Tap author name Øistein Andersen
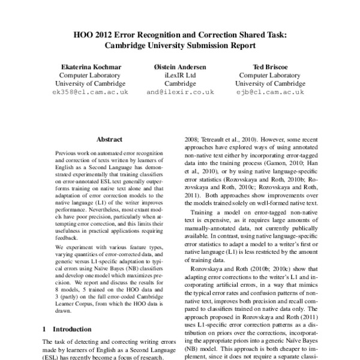point(180,67)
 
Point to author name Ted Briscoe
point(268,67)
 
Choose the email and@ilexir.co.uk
point(180,92)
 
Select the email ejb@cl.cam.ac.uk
point(268,92)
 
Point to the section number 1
point(46,329)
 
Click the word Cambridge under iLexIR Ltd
point(180,83)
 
